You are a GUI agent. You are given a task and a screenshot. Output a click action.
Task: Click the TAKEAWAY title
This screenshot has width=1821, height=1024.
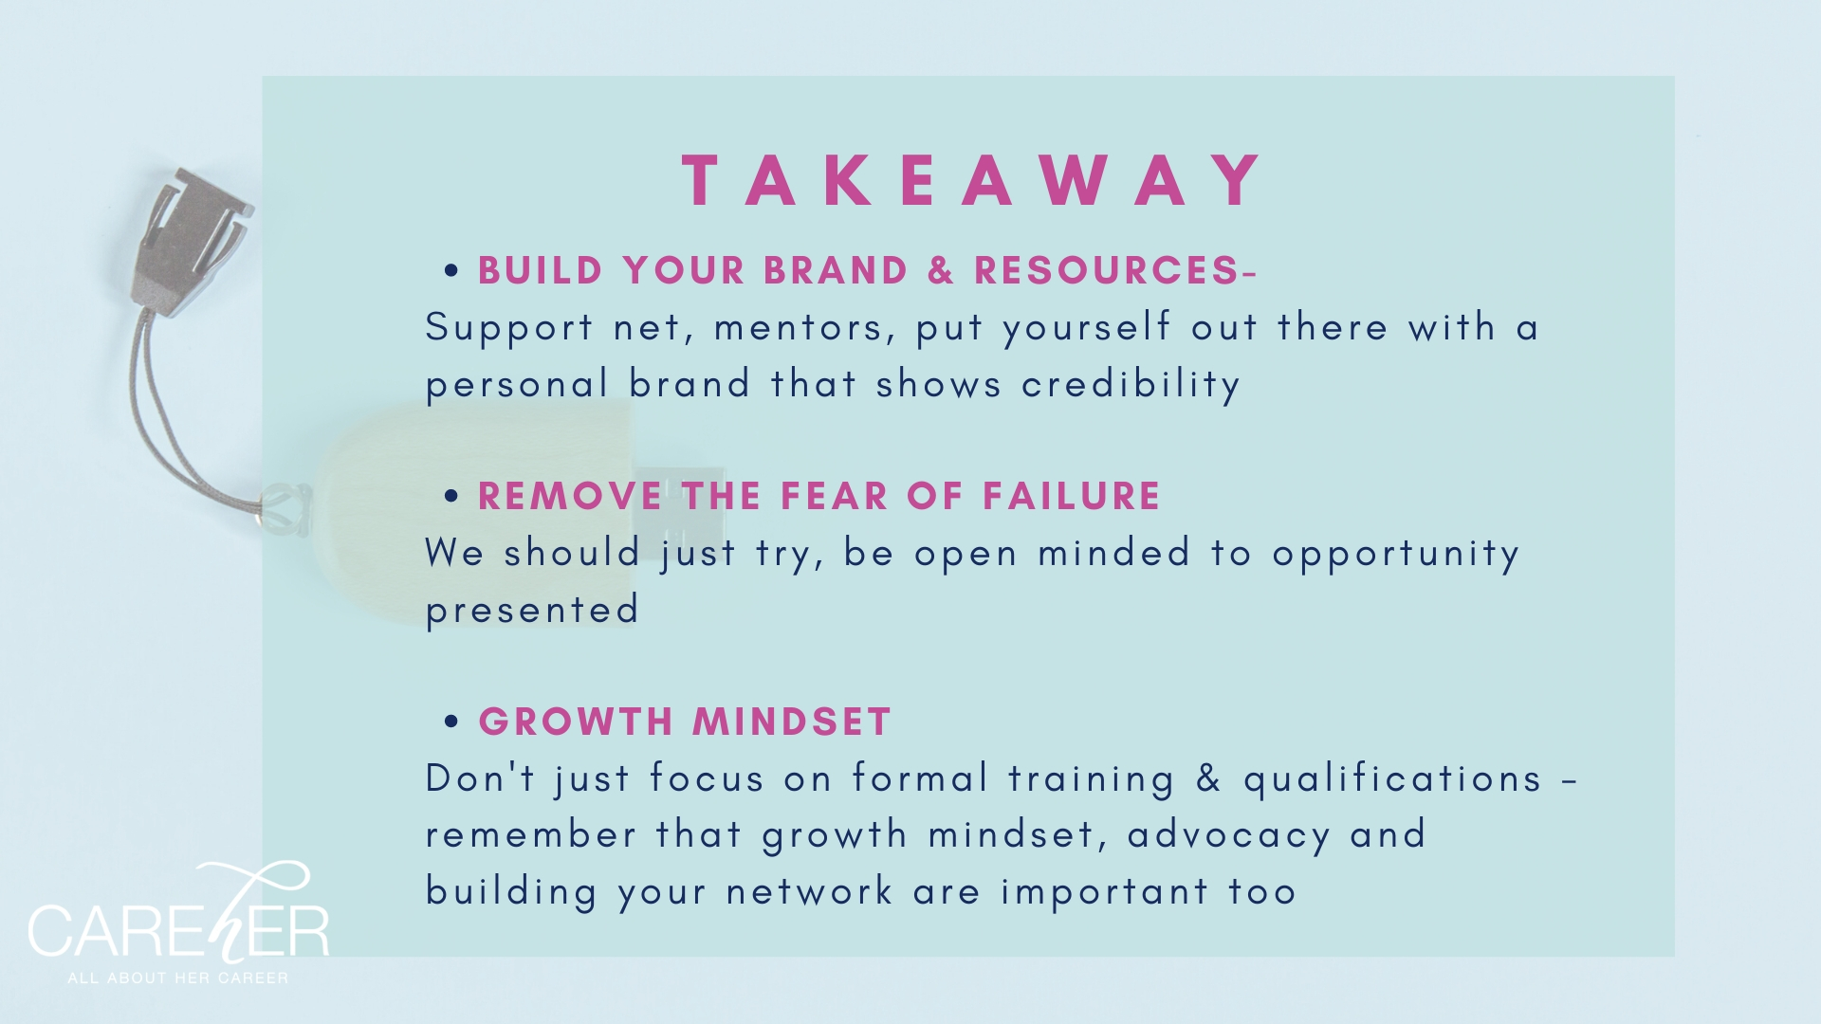(x=973, y=179)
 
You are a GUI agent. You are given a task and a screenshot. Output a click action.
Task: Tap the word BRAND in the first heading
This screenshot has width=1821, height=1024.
(x=836, y=270)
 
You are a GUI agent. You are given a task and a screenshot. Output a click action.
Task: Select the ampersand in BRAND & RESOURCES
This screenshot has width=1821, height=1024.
(x=941, y=270)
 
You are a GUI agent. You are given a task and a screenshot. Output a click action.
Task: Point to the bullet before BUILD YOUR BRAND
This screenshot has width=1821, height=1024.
(x=451, y=271)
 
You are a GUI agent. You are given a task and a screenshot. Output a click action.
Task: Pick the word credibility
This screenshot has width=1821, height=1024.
(x=1131, y=384)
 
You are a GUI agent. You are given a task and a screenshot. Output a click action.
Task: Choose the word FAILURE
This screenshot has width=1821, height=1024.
(x=1072, y=496)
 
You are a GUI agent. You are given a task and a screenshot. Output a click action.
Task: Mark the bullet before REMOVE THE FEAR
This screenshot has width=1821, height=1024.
(x=451, y=497)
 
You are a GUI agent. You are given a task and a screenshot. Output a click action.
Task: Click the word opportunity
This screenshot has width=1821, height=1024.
(x=1396, y=554)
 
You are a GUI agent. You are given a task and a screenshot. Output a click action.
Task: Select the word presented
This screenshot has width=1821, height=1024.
(x=532, y=610)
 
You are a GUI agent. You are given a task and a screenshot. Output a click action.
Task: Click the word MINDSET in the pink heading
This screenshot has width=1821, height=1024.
(x=792, y=722)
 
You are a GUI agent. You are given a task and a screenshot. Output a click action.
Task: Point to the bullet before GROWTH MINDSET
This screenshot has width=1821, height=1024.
(x=451, y=722)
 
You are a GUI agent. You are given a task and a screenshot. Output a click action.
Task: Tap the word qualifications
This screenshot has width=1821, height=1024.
(x=1392, y=778)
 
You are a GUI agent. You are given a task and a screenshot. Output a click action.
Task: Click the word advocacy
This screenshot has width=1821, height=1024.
(x=1229, y=835)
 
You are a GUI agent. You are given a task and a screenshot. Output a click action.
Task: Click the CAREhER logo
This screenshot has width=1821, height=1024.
(x=178, y=914)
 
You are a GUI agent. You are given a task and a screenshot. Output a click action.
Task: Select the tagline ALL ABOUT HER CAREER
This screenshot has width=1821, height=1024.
(x=178, y=978)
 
